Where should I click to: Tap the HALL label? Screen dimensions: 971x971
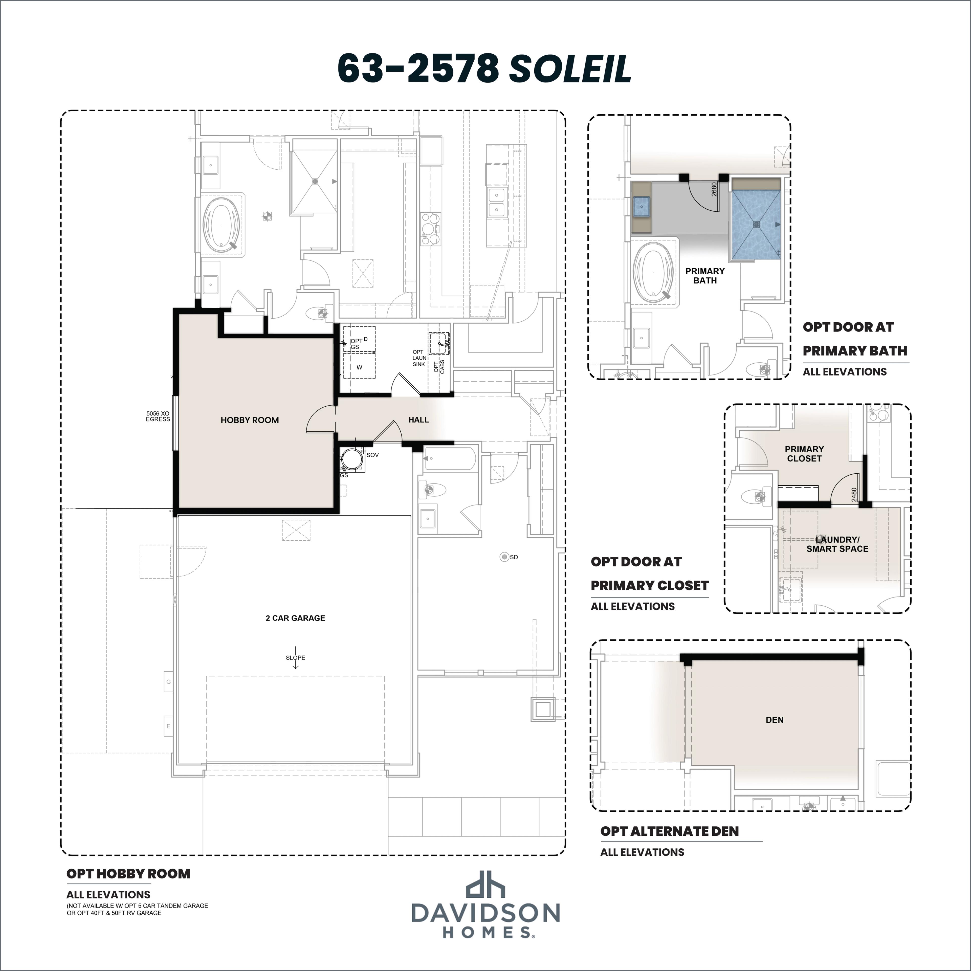[419, 420]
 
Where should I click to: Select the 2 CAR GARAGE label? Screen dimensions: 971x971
[296, 618]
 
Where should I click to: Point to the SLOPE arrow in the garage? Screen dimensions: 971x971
[296, 662]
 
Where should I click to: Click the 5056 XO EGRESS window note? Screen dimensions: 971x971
[158, 416]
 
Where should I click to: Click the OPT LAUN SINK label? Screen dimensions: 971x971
[419, 358]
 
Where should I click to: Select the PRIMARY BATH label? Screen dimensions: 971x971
[705, 275]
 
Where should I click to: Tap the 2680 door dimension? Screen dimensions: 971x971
[714, 189]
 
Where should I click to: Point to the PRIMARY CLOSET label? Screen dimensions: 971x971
[804, 454]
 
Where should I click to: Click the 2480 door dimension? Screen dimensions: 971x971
[854, 495]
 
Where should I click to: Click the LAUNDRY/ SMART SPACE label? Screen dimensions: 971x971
[837, 544]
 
